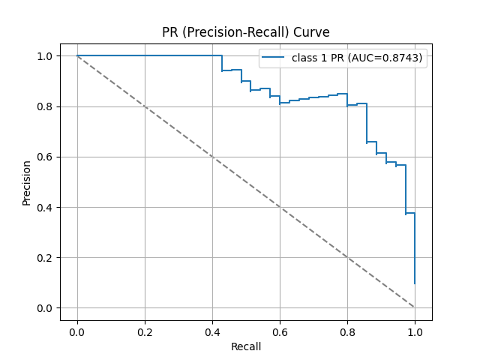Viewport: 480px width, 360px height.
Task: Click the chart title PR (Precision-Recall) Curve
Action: (x=246, y=32)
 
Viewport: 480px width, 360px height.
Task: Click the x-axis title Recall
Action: (x=246, y=347)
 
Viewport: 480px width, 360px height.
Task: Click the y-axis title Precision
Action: (x=26, y=182)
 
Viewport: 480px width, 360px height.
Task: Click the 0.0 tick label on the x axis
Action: (x=77, y=331)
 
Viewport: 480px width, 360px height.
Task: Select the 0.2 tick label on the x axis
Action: (x=145, y=331)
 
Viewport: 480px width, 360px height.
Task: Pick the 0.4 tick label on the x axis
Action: (x=212, y=331)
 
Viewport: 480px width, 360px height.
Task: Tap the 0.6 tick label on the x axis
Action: (x=280, y=331)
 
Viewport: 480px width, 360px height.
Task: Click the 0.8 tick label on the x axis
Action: (x=347, y=331)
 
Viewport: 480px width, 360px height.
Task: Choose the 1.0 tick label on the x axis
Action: (x=415, y=331)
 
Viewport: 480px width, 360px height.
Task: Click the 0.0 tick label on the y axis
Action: (x=45, y=308)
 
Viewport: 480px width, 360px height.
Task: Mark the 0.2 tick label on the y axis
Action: (x=45, y=258)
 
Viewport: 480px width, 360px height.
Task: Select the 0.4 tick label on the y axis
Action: (x=45, y=208)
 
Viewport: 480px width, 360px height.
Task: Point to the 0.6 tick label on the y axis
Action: (x=45, y=157)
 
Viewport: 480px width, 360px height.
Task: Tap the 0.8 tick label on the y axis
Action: (x=45, y=106)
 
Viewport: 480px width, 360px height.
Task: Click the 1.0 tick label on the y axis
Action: (x=45, y=56)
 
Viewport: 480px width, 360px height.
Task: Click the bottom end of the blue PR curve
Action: (x=415, y=283)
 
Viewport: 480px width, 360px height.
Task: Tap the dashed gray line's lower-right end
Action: (x=415, y=307)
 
